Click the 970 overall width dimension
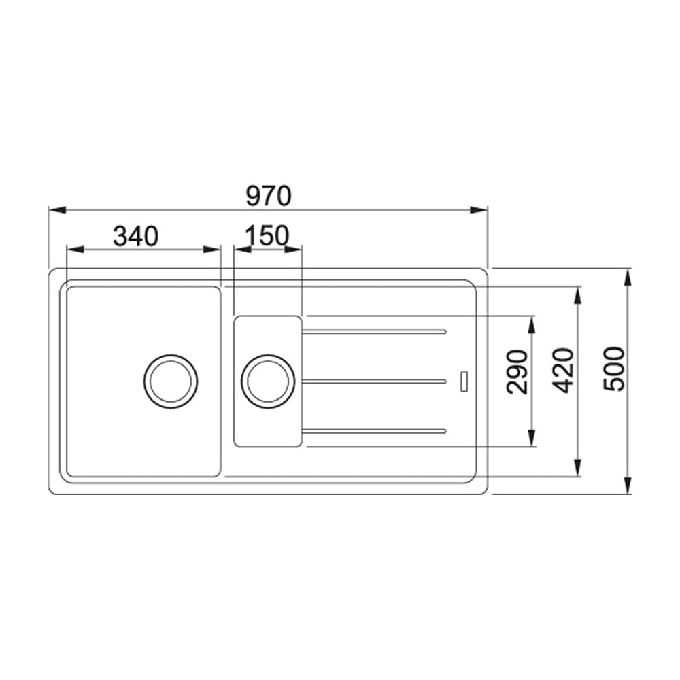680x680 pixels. [268, 196]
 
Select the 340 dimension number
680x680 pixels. [135, 236]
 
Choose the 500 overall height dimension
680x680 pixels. [614, 369]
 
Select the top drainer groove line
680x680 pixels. [374, 332]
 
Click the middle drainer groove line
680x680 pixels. [374, 381]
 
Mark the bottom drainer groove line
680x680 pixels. [374, 430]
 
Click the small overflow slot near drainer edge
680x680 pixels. [464, 381]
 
